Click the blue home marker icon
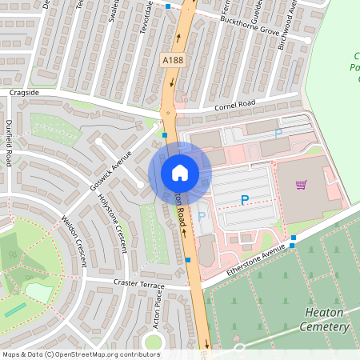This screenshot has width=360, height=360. [180, 172]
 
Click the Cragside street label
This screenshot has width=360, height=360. [24, 93]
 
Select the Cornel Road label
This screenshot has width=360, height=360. [234, 106]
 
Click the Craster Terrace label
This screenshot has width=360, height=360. [138, 285]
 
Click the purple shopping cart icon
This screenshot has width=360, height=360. [302, 186]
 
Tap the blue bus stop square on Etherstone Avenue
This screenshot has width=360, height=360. [294, 238]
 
